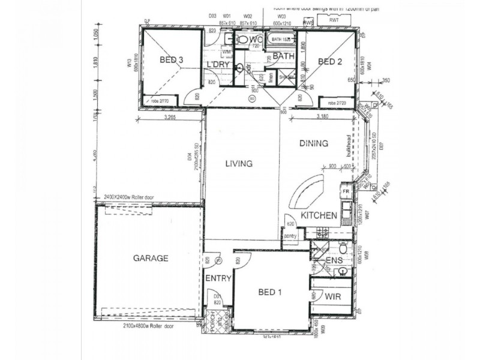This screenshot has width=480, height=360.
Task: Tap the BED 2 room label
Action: coord(329,62)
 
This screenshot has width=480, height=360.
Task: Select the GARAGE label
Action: coord(150,259)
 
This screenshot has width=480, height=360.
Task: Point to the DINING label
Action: coord(314,143)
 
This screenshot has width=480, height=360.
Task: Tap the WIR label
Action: coord(334,296)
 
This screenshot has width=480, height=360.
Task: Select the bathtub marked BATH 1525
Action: coord(280,40)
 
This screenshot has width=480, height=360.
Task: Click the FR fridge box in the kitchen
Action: coord(346,191)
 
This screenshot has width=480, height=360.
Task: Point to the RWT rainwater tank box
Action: coord(334,20)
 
